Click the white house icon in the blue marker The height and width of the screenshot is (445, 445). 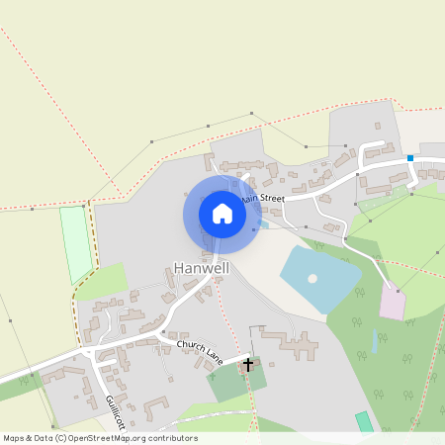(x=222, y=214)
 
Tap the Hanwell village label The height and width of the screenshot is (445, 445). (x=202, y=268)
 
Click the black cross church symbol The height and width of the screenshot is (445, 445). (x=247, y=365)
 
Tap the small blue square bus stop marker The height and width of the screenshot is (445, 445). (x=409, y=157)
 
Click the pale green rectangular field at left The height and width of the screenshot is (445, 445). (x=76, y=243)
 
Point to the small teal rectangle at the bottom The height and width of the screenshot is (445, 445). (x=365, y=422)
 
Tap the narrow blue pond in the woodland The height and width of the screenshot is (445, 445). (x=376, y=342)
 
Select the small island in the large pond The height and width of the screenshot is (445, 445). (x=312, y=278)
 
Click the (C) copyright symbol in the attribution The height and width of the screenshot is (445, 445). (x=62, y=438)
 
